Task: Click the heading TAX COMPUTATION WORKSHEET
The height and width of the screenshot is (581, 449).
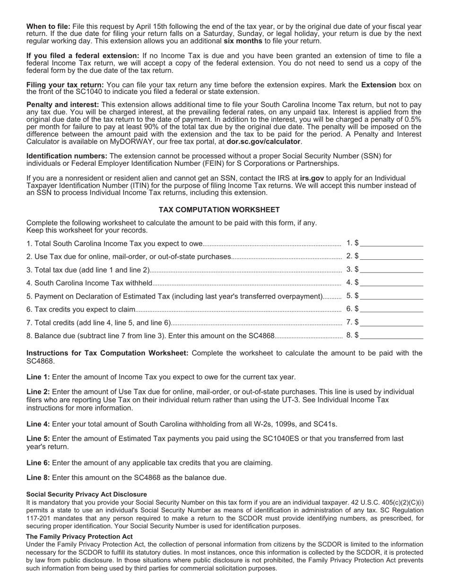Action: (x=219, y=210)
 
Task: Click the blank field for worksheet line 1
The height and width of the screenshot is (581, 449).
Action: (x=391, y=243)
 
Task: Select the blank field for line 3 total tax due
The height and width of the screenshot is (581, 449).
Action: (x=391, y=270)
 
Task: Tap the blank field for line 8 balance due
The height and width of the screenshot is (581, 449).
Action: (x=391, y=336)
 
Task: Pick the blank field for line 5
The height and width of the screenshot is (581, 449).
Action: (x=391, y=296)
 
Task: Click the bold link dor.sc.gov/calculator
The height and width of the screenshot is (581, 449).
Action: (x=263, y=142)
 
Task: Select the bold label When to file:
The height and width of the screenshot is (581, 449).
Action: (x=48, y=26)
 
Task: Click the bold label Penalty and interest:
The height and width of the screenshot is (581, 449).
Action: (x=62, y=104)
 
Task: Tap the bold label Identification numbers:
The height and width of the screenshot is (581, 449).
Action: (x=67, y=156)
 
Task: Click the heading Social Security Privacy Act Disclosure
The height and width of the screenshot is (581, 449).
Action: (x=86, y=494)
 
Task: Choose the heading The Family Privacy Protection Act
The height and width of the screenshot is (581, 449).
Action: (x=79, y=537)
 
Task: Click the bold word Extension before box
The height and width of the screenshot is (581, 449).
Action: (x=379, y=85)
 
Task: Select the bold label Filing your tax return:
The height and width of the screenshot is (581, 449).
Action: (x=65, y=85)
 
